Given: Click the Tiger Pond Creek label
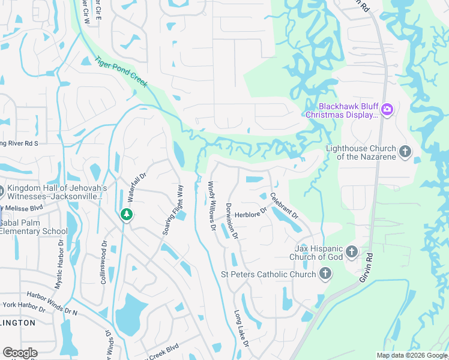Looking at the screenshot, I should [121, 73].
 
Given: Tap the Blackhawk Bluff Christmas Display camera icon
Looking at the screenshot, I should [387, 109].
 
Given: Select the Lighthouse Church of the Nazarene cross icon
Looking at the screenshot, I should [405, 152].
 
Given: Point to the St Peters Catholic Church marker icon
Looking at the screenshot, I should [325, 274].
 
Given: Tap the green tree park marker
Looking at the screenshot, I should [126, 214].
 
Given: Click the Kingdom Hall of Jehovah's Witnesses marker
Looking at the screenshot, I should [1, 192].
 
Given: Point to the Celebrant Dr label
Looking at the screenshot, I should [284, 205].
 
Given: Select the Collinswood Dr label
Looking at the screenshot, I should [103, 262].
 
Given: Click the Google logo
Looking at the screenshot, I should [20, 353].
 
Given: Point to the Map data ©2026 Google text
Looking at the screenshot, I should [412, 355].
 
